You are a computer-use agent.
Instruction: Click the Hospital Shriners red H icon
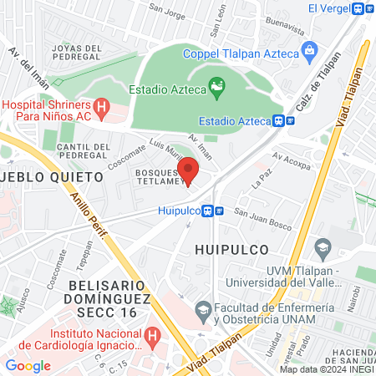(102, 106)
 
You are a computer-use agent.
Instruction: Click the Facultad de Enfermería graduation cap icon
(203, 310)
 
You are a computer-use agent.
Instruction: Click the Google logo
(28, 365)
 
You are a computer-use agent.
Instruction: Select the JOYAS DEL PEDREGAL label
(77, 54)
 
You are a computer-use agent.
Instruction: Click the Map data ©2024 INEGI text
(326, 369)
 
